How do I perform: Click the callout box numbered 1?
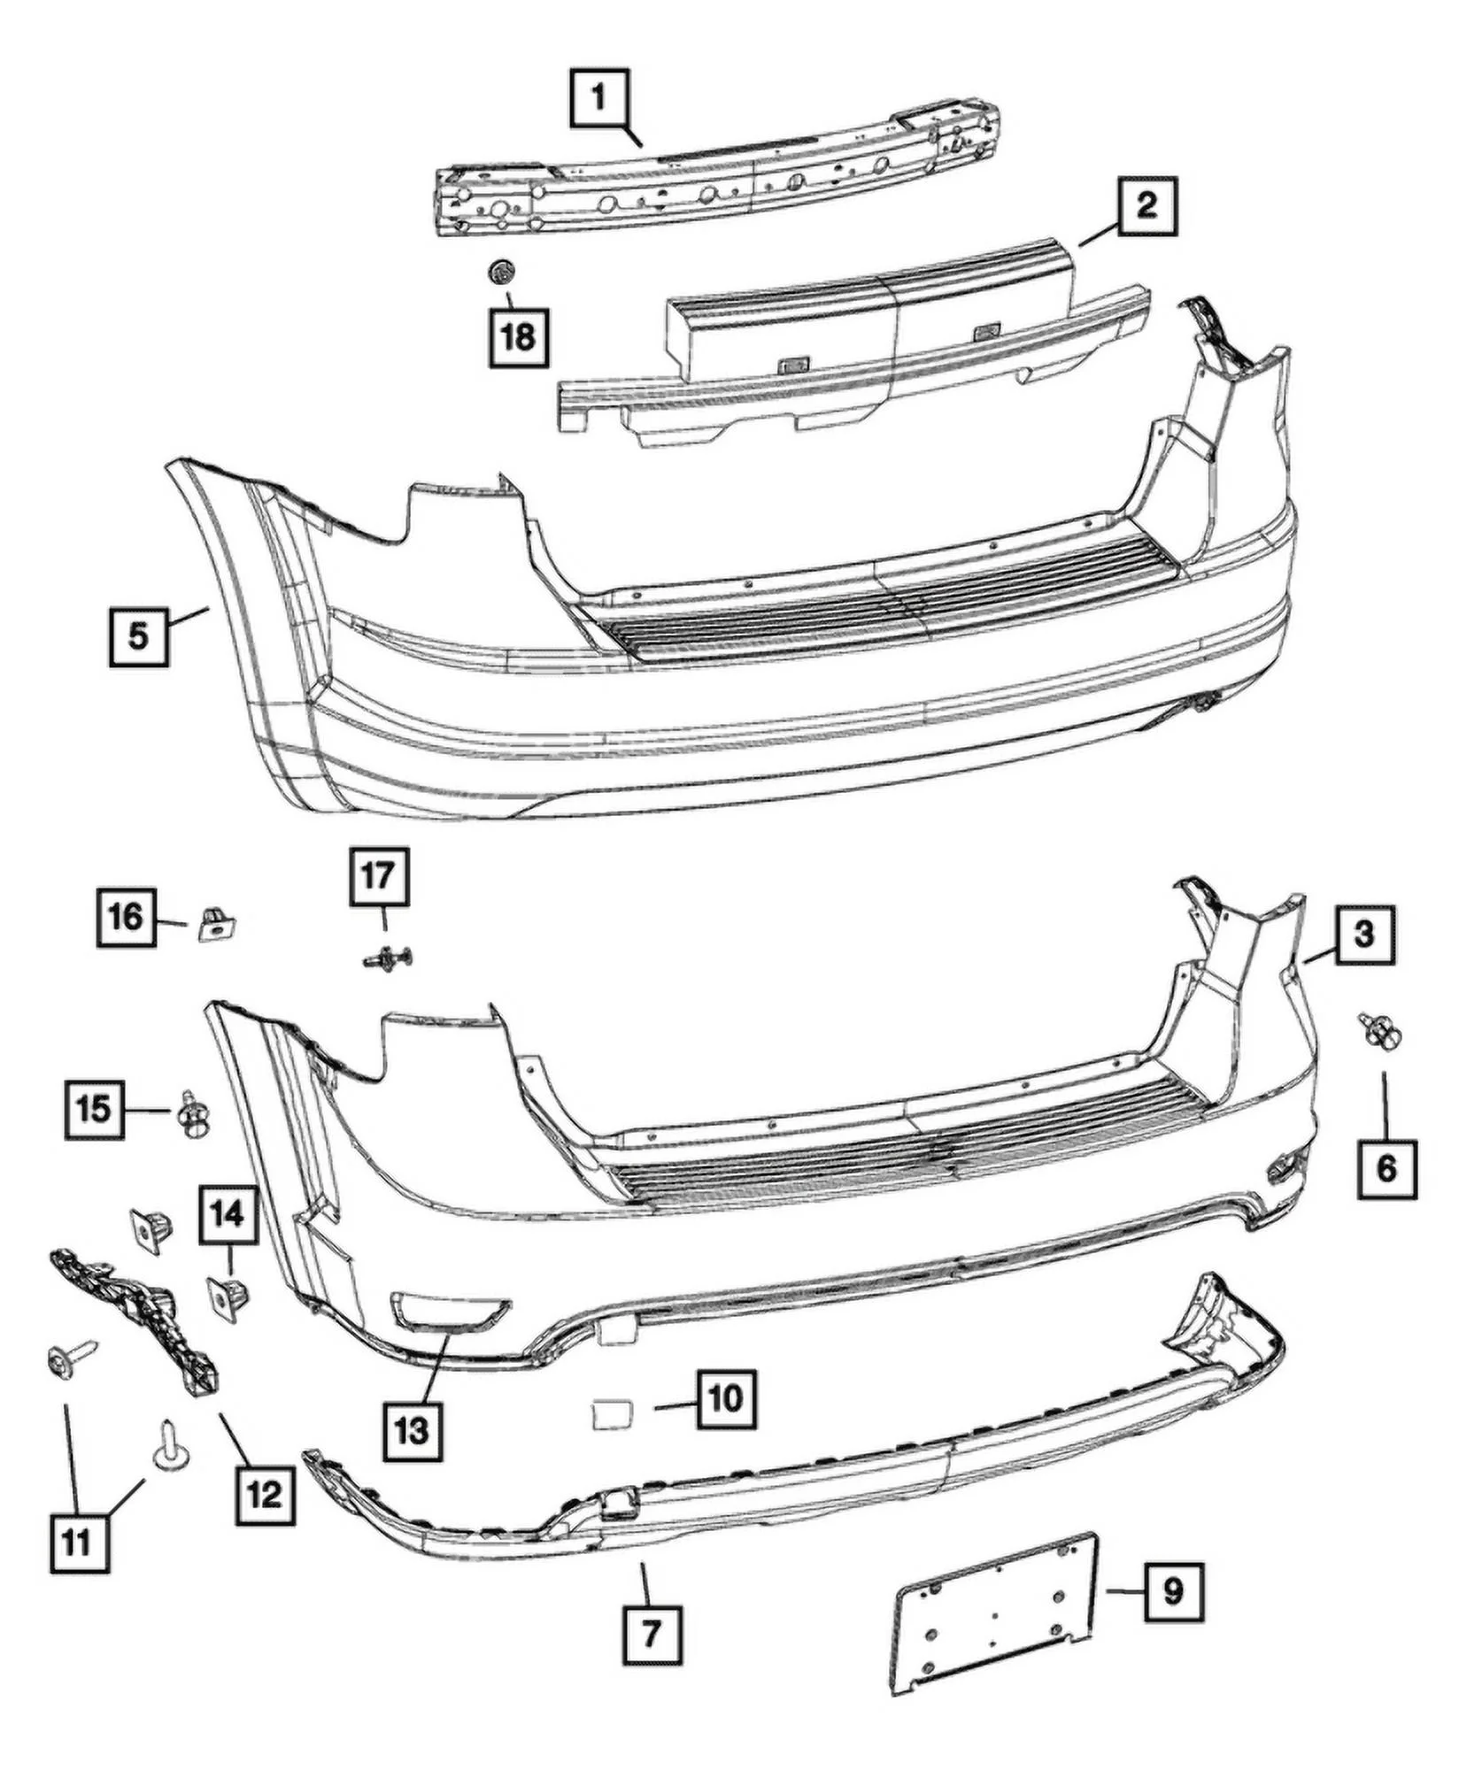point(599,99)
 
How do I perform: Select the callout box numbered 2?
point(1146,207)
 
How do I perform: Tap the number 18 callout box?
point(519,337)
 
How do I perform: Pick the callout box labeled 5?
point(139,635)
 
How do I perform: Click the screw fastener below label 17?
point(387,958)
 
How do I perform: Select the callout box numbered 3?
point(1364,934)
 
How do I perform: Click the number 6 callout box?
point(1386,1169)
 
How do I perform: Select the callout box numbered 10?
point(726,1399)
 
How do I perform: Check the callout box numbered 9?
point(1173,1591)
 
